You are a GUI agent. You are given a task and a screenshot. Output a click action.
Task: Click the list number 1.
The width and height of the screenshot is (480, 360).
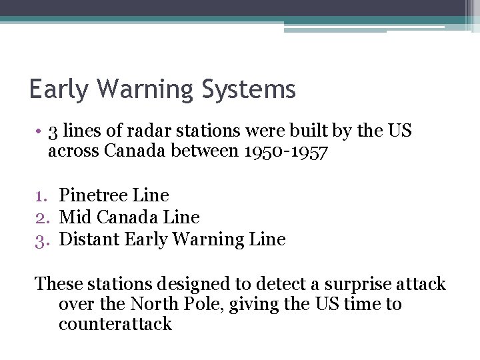click(x=44, y=196)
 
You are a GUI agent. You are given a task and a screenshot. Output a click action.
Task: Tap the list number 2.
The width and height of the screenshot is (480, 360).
click(x=44, y=217)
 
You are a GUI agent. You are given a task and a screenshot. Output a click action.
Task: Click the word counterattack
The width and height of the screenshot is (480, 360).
click(x=115, y=325)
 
